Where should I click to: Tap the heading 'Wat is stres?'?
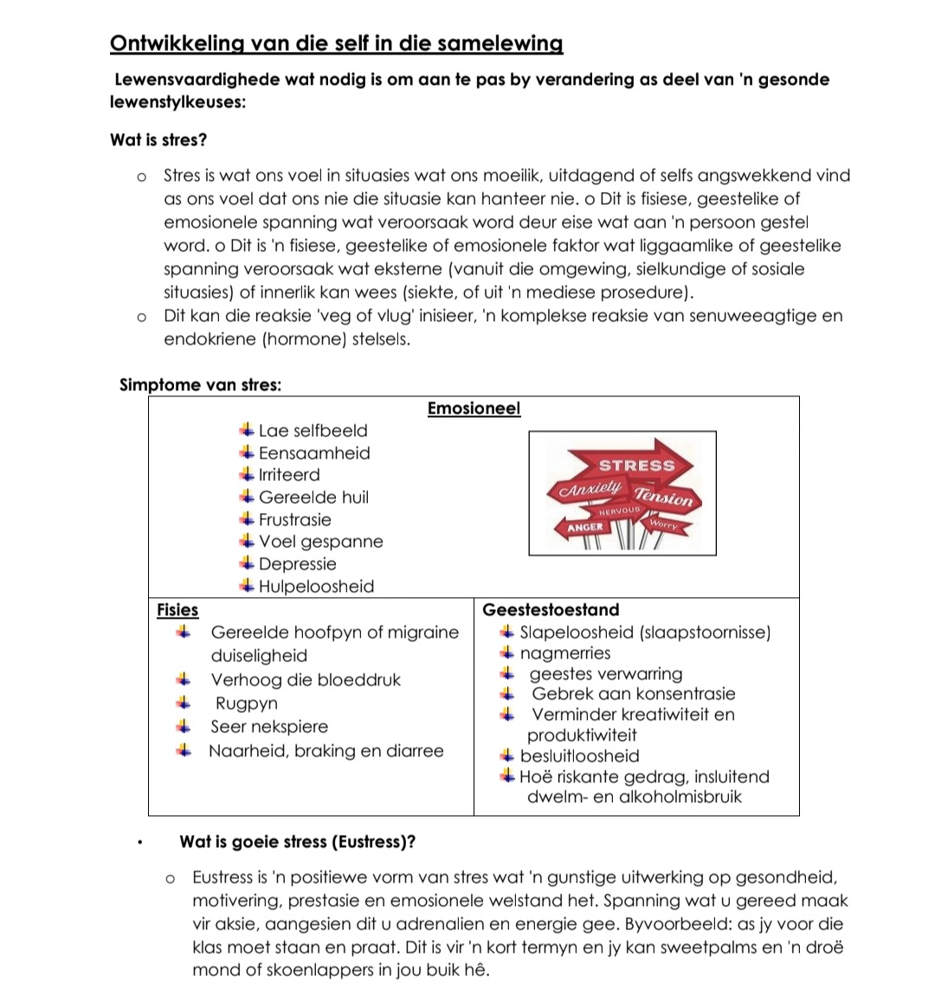(158, 139)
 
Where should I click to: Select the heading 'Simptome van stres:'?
(200, 385)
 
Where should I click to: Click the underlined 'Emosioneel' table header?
(474, 408)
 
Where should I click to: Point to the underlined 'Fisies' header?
(177, 610)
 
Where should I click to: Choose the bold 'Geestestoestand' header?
(551, 610)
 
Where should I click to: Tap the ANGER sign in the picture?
(584, 527)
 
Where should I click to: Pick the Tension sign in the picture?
(664, 498)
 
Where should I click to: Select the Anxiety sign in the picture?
(590, 489)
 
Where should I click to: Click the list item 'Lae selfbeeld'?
(313, 431)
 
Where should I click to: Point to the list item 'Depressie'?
(297, 564)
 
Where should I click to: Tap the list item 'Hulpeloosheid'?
(316, 587)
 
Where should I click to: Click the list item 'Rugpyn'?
(246, 703)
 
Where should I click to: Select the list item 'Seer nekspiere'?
(269, 727)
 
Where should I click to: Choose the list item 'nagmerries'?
(564, 653)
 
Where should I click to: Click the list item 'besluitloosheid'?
(579, 756)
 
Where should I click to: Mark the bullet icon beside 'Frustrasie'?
(247, 519)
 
